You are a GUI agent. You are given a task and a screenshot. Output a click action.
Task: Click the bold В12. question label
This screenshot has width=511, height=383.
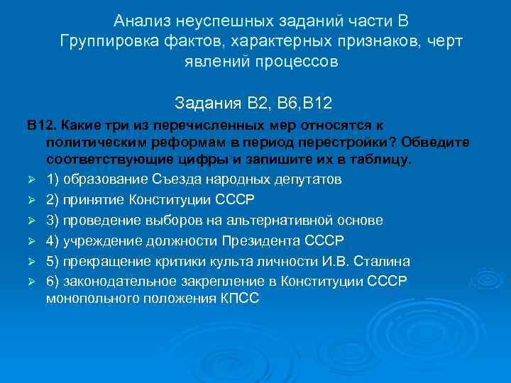[x=42, y=125]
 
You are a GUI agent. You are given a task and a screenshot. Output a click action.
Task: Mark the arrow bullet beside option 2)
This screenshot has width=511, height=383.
[x=32, y=200]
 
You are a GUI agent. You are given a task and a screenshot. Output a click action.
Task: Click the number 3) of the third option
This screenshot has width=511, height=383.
[x=53, y=220]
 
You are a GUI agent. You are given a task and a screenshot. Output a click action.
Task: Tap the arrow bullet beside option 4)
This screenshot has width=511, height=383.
[x=32, y=240]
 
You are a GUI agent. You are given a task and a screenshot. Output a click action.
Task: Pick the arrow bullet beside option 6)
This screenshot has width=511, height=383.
[x=32, y=280]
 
